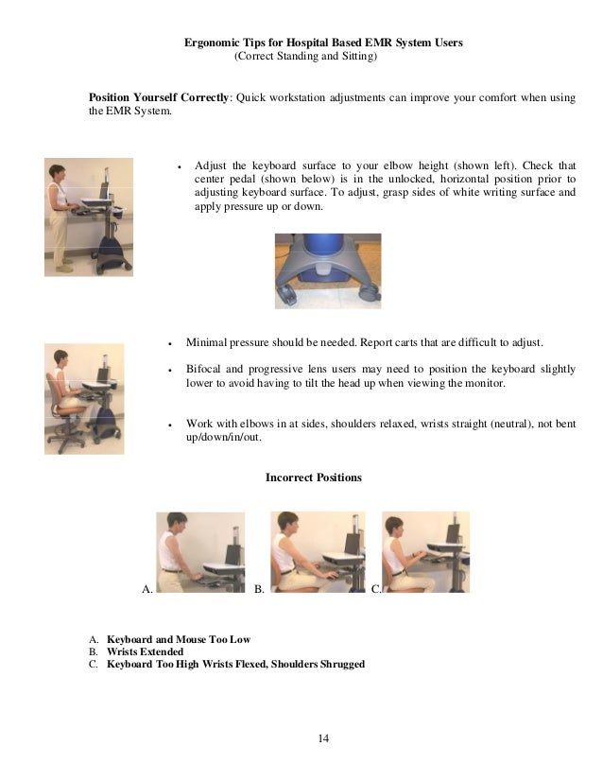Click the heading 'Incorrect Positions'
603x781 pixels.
point(314,478)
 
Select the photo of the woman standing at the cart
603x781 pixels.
point(88,217)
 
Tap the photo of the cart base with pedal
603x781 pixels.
point(327,270)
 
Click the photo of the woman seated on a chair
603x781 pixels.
point(84,398)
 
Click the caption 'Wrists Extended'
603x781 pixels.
point(145,651)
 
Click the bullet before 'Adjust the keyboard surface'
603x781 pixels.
point(179,165)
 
